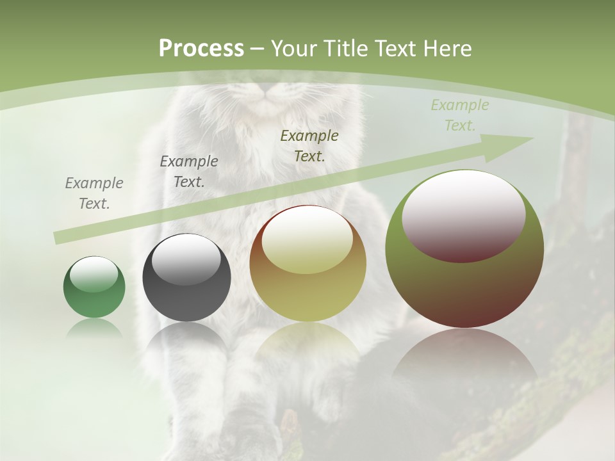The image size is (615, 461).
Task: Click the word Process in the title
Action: point(201,48)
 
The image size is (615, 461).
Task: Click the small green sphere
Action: point(94,295)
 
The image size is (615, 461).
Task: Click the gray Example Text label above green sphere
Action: point(94,193)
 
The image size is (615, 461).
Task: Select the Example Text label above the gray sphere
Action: point(189,172)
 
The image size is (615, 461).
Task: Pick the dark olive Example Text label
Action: point(309,145)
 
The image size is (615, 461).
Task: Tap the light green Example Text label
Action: point(460,115)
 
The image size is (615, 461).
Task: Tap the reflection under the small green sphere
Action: point(94,328)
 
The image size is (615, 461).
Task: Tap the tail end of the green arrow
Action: point(59,238)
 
